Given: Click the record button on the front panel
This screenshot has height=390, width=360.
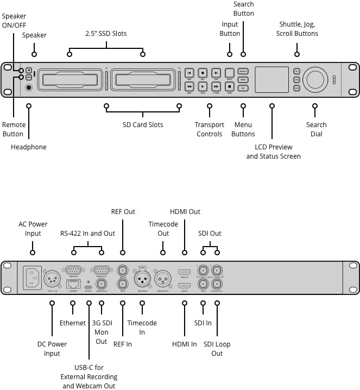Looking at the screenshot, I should coord(203,72).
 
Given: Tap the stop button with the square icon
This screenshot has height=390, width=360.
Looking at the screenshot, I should coord(229,86).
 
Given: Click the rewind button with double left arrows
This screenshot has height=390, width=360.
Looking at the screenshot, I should coord(189,86).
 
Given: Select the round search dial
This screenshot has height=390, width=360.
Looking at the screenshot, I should coord(315,79).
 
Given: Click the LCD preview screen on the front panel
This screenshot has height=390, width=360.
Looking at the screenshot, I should coord(271,79).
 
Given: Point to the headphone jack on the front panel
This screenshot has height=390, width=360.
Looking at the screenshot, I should coord(28,87).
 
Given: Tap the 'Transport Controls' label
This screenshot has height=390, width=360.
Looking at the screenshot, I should coord(209,129).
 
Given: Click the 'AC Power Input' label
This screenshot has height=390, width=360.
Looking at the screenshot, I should coord(33,229).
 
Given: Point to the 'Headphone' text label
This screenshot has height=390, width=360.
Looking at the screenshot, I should coord(29,147).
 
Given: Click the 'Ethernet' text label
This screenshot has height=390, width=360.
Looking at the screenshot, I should coord(72,323).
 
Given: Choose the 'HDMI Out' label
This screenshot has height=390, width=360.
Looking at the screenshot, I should coord(185,211).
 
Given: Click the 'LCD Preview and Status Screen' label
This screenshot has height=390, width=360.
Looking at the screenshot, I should coord(273,152).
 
